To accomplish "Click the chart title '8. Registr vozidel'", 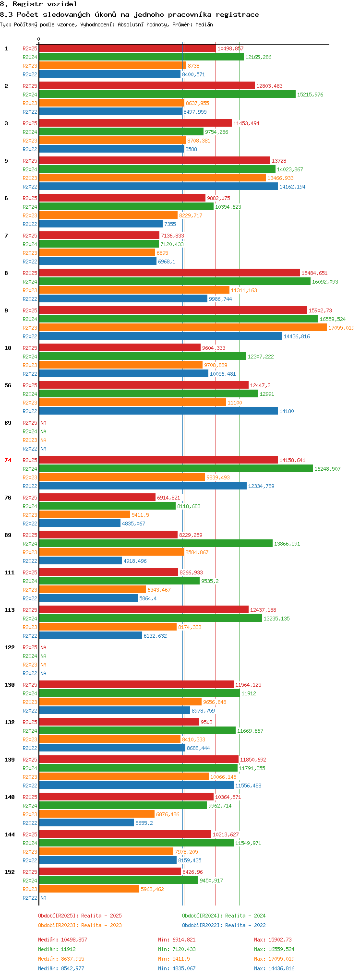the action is pos(38,4).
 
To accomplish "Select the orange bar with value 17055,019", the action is pos(183,328).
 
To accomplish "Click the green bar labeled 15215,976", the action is pos(168,95).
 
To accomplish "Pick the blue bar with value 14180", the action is pos(158,411).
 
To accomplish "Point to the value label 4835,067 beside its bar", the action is pos(133,524).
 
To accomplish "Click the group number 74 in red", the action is pos(8,460).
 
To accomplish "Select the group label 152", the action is pos(10,872).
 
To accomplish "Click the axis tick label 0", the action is pos(39,39).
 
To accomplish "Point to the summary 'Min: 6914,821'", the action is pos(177,940).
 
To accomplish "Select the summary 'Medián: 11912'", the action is pos(57,949).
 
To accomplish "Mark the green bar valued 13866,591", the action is pos(156,544).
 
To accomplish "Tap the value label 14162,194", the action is pos(292,187).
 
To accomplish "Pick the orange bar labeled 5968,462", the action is pos(89,889).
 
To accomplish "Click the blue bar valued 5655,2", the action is pos(86,823).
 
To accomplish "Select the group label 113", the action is pos(10,610).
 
